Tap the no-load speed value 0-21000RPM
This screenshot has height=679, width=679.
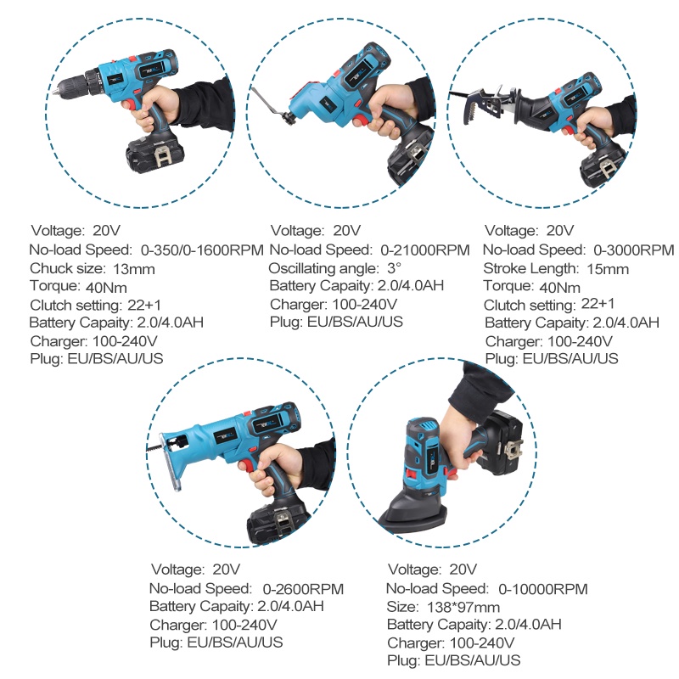pos(424,250)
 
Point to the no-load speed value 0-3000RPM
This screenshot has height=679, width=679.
pos(633,250)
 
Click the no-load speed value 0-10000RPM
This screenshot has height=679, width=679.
pos(543,588)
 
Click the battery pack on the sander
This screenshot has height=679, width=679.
pos(506,441)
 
